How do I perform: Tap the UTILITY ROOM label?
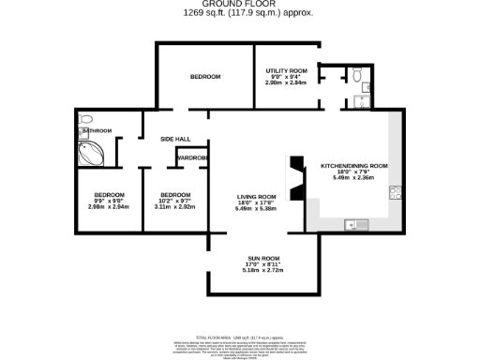coord(286,70)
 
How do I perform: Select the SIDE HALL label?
coord(175,139)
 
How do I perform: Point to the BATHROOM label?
coord(97,130)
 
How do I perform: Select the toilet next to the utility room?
coord(358,74)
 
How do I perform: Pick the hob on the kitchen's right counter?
coord(397,194)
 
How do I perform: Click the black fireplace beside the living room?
coord(296,178)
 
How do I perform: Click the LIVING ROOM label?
coord(254,196)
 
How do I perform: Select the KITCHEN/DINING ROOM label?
coord(353,165)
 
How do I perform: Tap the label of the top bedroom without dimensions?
coord(204,76)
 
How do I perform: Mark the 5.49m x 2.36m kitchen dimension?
coord(353,178)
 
